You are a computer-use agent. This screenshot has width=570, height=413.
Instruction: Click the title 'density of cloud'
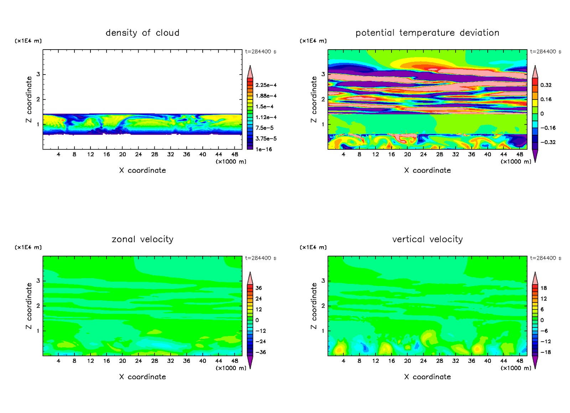click(142, 33)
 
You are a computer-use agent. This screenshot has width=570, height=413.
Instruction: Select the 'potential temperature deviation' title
click(427, 33)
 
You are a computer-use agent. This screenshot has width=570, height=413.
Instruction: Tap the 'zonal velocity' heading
click(142, 239)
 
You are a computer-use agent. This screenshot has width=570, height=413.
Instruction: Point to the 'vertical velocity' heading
click(427, 239)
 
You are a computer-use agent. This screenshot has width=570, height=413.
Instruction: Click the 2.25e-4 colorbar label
click(266, 85)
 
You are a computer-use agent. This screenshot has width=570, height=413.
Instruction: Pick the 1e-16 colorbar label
click(264, 149)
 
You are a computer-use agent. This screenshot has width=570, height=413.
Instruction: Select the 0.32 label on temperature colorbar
click(546, 85)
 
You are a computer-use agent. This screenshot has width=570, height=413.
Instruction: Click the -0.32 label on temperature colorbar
click(548, 142)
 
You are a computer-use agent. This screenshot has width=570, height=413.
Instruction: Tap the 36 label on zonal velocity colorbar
click(259, 288)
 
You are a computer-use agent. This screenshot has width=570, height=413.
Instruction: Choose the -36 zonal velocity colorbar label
click(261, 352)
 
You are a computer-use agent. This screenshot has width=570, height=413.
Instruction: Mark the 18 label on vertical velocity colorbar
click(544, 288)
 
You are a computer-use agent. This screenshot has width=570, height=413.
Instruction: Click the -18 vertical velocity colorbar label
click(546, 352)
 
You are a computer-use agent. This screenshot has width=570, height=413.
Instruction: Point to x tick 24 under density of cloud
click(139, 154)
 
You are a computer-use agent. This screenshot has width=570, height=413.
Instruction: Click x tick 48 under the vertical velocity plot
click(520, 361)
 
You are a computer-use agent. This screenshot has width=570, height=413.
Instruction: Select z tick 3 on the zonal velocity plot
click(38, 281)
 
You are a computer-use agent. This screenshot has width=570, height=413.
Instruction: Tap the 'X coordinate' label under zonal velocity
click(142, 377)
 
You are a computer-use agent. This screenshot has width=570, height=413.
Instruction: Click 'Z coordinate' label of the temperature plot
click(313, 100)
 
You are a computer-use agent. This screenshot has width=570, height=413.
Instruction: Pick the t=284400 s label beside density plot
click(260, 52)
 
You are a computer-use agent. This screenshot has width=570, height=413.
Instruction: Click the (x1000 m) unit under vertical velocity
click(515, 368)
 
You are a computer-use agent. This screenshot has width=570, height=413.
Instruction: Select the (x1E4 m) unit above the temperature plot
click(313, 41)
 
